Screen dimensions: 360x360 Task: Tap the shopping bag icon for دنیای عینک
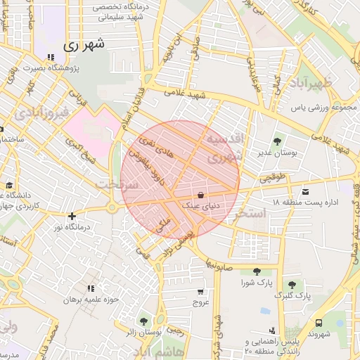pos(201,195)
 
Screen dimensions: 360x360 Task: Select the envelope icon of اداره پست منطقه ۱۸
pos(304,192)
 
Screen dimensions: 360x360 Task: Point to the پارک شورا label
pos(257,283)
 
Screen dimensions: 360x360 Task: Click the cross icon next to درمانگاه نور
pos(71,216)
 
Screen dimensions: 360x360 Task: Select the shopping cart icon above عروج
pos(201,291)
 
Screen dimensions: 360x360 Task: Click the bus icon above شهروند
pos(319,323)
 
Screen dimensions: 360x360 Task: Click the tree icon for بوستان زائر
pos(144,321)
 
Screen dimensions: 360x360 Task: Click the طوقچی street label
pos(274,179)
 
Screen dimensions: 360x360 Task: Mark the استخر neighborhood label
pos(251,212)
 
